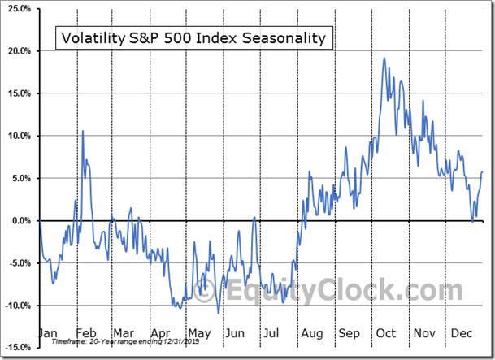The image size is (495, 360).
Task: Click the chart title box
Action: (x=193, y=37)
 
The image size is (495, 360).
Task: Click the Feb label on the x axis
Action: (x=86, y=333)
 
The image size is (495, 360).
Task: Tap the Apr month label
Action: (x=160, y=333)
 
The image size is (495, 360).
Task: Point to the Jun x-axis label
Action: (x=234, y=333)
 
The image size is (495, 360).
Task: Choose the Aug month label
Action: (x=312, y=333)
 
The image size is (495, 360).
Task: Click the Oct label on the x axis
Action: (x=386, y=333)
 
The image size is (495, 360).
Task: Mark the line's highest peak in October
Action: (x=384, y=58)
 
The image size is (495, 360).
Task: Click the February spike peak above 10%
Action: (x=82, y=130)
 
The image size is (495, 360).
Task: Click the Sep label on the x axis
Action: (x=350, y=333)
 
